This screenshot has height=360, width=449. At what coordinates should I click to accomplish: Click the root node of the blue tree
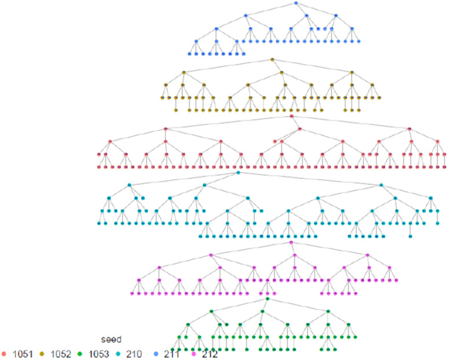[x=295, y=3]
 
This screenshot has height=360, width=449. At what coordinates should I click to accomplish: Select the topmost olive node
[x=271, y=59]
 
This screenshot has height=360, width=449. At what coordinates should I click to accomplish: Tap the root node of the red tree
[x=291, y=117]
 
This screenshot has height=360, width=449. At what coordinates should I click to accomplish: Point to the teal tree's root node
[x=238, y=173]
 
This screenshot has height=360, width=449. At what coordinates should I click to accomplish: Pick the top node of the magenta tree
[x=291, y=243]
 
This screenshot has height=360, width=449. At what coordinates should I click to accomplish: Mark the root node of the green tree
[x=267, y=299]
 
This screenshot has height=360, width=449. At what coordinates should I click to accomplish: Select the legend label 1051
[x=21, y=353]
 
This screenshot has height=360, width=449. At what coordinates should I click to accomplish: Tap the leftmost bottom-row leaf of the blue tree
[x=189, y=54]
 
